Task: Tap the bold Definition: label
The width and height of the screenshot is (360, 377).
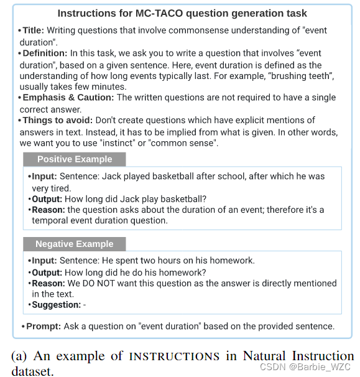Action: click(x=45, y=54)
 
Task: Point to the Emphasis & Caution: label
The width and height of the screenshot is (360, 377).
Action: click(x=68, y=98)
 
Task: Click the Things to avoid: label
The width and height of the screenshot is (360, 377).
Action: click(x=59, y=120)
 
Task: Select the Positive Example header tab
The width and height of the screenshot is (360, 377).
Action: click(x=74, y=159)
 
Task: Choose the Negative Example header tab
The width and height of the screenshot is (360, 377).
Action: click(x=74, y=244)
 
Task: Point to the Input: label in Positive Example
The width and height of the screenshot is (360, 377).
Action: click(x=44, y=177)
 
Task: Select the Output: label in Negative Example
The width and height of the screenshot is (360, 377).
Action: click(x=47, y=272)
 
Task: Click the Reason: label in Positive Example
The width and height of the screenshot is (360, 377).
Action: click(x=48, y=210)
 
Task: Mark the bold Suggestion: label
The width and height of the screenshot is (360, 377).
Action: click(x=57, y=305)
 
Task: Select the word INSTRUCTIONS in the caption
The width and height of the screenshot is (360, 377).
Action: click(x=173, y=357)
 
